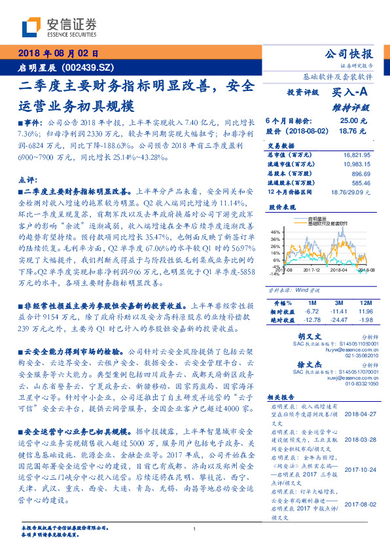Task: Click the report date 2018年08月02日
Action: (x=58, y=54)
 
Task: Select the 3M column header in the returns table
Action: (x=338, y=303)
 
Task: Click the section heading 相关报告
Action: (x=283, y=397)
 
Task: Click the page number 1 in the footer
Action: (x=194, y=529)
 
